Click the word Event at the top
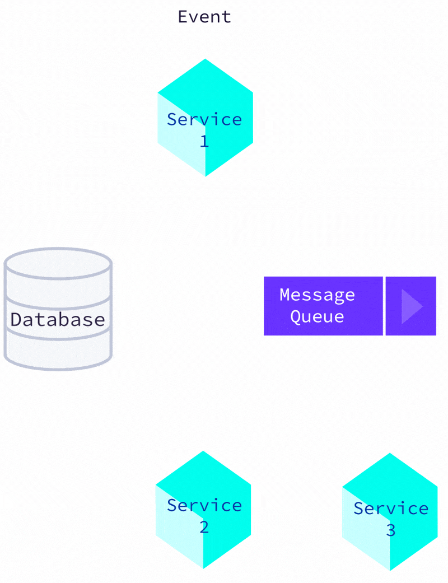[204, 17]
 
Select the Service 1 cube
[205, 118]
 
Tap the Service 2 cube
[203, 510]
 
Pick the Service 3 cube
[390, 512]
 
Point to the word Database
[58, 319]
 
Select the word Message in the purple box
[317, 295]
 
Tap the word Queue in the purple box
[317, 316]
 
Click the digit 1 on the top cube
[204, 141]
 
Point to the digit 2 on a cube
[204, 527]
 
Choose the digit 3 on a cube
[390, 530]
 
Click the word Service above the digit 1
[204, 119]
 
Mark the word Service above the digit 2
[204, 505]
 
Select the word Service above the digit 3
[391, 509]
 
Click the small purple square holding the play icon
[410, 306]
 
